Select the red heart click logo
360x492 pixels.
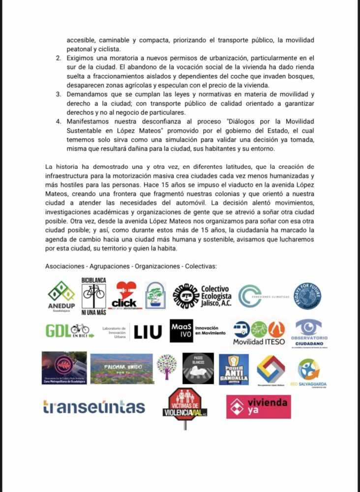coord(126,295)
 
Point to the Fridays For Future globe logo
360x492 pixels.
coord(307,296)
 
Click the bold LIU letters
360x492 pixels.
coord(148,332)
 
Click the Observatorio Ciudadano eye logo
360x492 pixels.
coord(309,331)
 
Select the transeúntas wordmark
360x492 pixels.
coord(94,407)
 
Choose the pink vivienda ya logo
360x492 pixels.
coord(258,407)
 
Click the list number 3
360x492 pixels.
coord(58,93)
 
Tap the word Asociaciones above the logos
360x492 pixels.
coord(64,266)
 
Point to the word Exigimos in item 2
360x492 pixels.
coord(81,58)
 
